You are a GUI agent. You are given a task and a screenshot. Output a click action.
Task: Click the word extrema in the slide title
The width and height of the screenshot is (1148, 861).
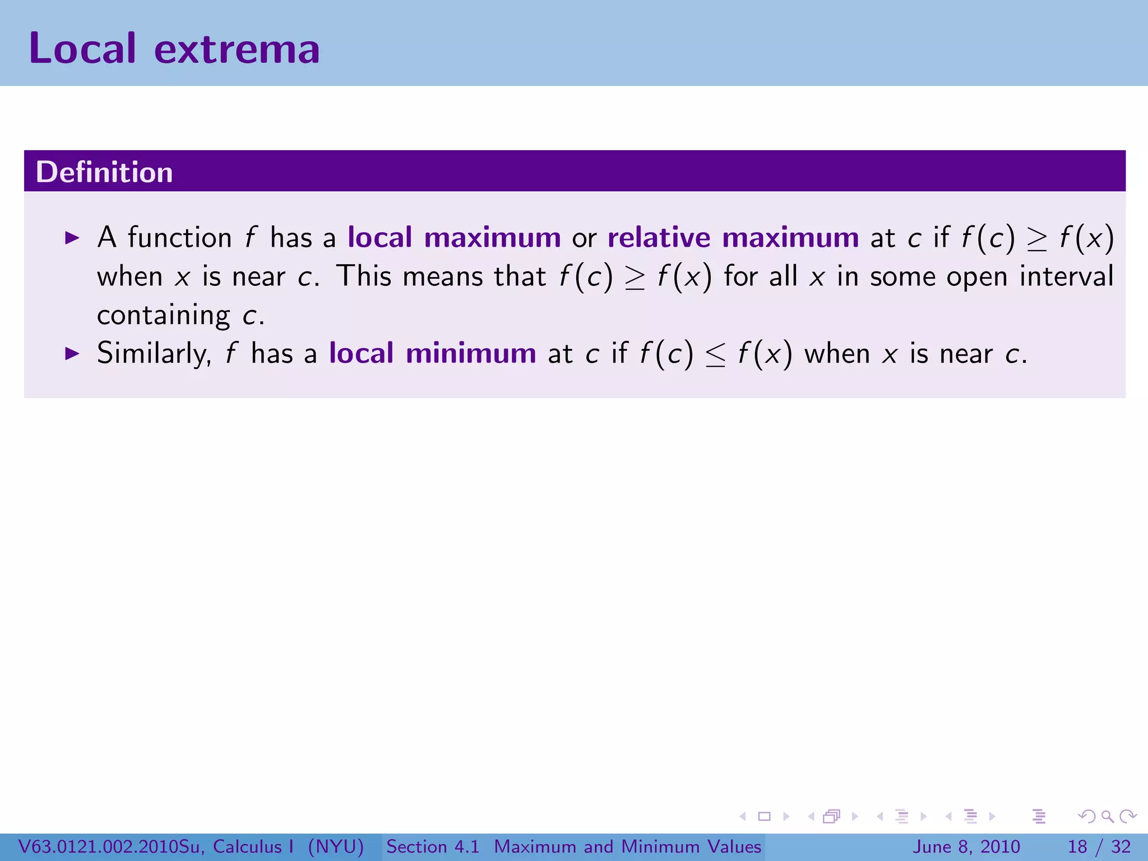[237, 50]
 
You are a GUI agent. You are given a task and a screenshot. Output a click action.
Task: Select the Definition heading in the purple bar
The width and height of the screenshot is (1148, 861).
[104, 172]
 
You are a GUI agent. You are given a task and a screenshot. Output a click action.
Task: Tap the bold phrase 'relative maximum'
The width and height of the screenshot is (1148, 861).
[733, 238]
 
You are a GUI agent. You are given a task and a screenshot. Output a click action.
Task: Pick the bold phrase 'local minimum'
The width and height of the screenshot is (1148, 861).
[432, 354]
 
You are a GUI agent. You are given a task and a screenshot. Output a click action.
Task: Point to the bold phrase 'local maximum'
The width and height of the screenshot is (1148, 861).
[454, 238]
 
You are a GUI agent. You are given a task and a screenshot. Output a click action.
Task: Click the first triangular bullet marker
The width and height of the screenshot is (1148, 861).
[72, 238]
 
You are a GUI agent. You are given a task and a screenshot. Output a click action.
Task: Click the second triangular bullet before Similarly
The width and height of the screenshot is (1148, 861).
[72, 354]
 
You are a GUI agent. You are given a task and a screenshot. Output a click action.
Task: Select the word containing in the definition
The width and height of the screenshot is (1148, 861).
[163, 316]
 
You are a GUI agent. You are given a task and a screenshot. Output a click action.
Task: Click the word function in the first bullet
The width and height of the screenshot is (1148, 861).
[179, 238]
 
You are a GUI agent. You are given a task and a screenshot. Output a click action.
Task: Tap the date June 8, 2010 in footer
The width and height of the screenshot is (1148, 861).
[966, 846]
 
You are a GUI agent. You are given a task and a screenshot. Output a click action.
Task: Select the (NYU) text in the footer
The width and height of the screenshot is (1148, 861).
[336, 846]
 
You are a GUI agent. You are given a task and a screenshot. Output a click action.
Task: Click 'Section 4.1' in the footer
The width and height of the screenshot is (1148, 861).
[433, 846]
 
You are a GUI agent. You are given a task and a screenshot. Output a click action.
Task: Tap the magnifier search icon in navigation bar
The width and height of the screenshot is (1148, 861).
[1107, 817]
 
